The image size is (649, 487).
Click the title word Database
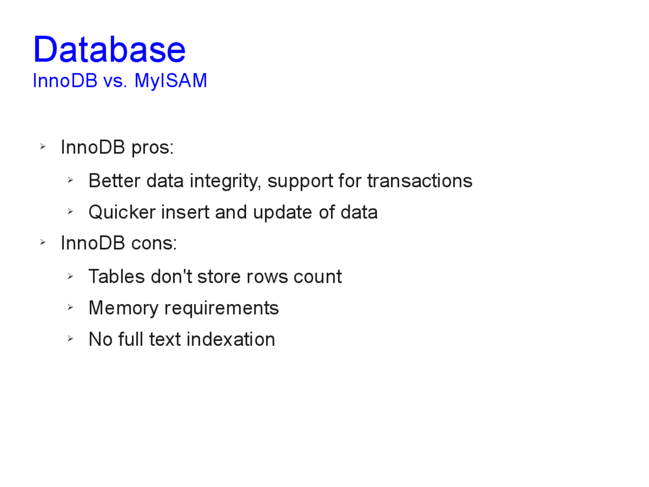pyautogui.click(x=109, y=50)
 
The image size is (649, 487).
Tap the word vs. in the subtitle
pyautogui.click(x=115, y=81)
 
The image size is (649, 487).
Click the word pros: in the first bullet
pyautogui.click(x=152, y=148)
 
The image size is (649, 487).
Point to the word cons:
pyautogui.click(x=154, y=243)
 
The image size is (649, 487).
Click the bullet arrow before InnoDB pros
pyautogui.click(x=42, y=146)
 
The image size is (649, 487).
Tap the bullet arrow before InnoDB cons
pyautogui.click(x=42, y=242)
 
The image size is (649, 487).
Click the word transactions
pyautogui.click(x=419, y=181)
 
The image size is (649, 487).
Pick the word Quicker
pyautogui.click(x=122, y=212)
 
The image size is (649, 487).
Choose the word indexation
pyautogui.click(x=231, y=339)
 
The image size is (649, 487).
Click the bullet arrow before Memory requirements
pyautogui.click(x=70, y=308)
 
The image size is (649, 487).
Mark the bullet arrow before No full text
pyautogui.click(x=70, y=339)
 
